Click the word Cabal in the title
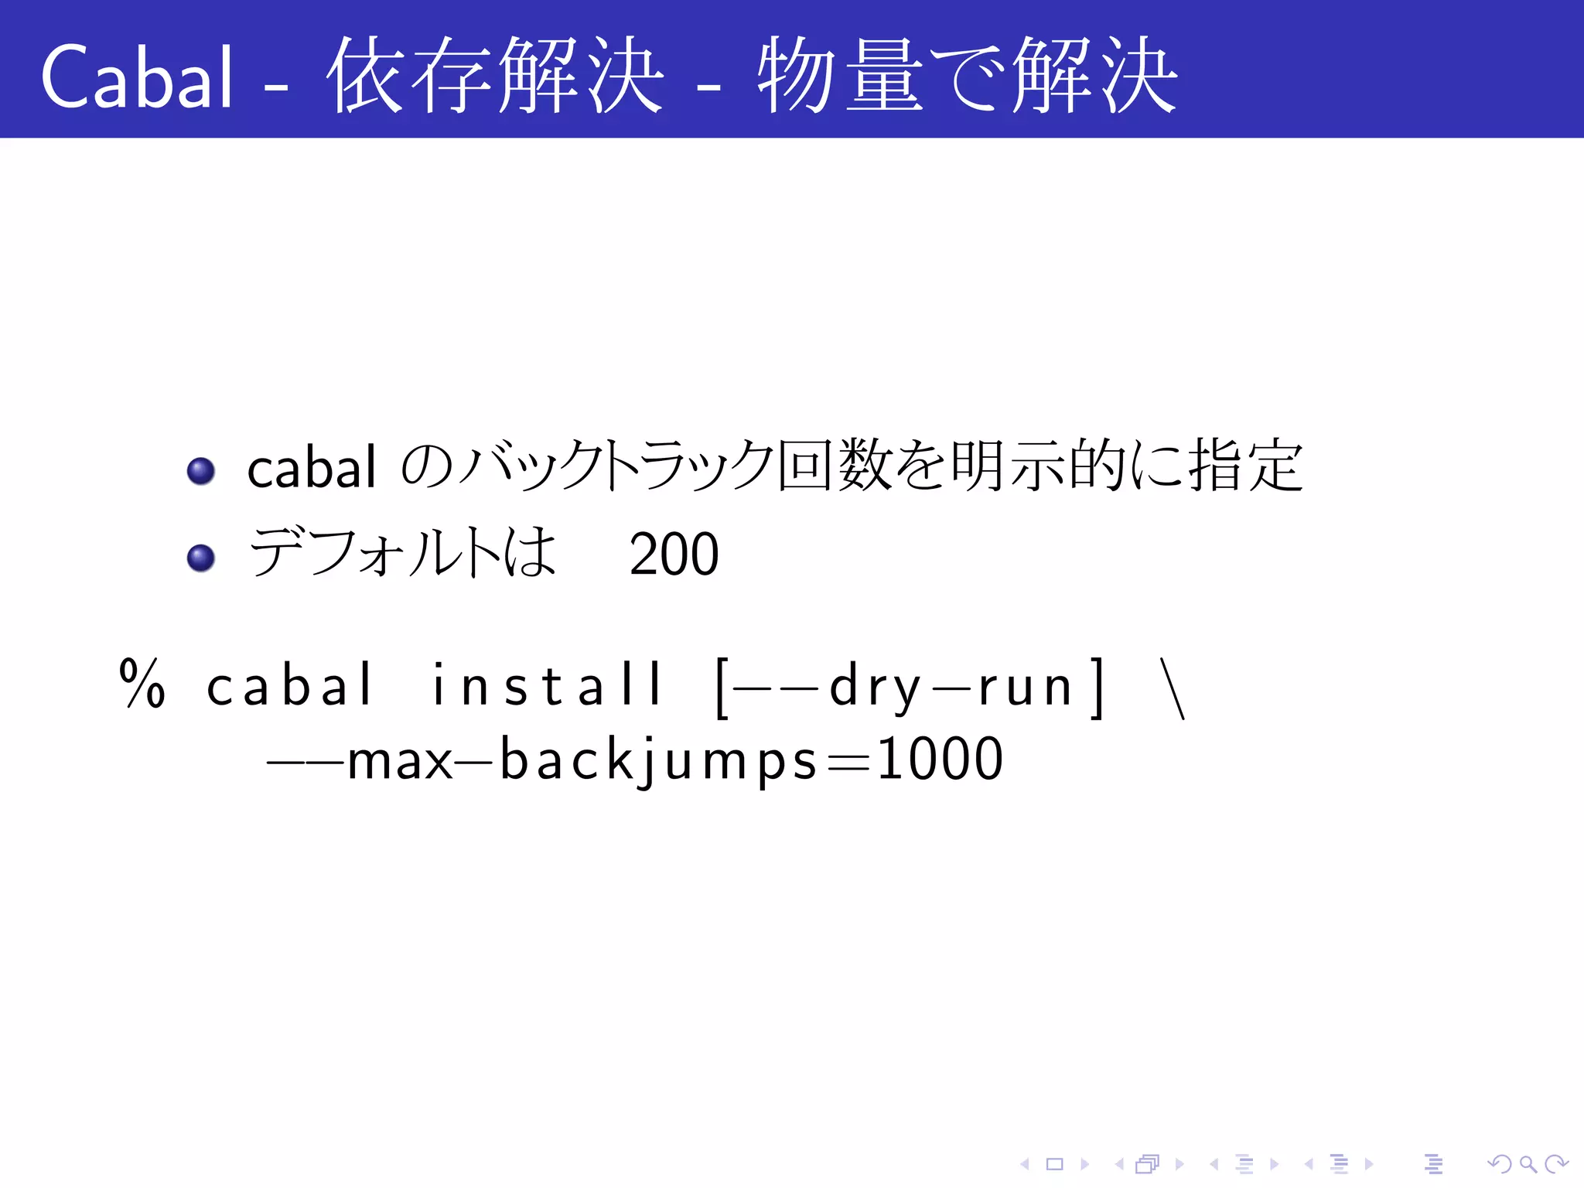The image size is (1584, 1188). (x=136, y=77)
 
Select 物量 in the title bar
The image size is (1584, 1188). (x=840, y=75)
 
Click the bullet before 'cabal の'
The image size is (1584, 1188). (x=201, y=470)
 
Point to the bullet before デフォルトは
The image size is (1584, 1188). (x=201, y=557)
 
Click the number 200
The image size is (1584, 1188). (x=674, y=555)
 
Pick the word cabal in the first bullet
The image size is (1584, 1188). (x=311, y=469)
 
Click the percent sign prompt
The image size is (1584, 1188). (x=142, y=684)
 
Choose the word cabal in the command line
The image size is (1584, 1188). (x=290, y=686)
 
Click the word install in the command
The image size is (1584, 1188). (x=546, y=686)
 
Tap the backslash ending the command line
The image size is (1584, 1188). (x=1173, y=688)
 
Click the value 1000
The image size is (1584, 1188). (x=940, y=760)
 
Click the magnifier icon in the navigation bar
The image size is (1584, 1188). (x=1527, y=1163)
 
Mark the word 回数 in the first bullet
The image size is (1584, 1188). (x=835, y=466)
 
